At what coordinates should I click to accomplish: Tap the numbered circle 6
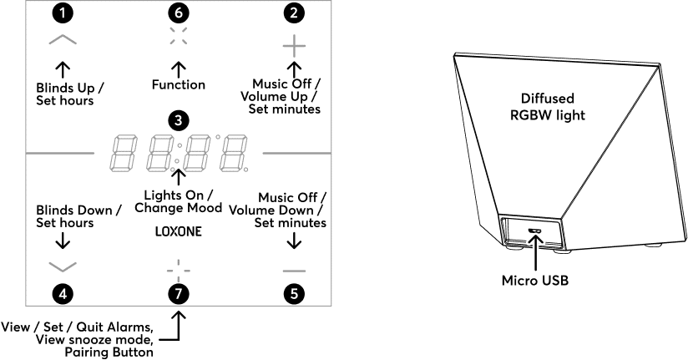pos(178,13)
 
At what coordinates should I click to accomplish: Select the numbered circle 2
pos(294,13)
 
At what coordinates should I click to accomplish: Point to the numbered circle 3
pos(178,119)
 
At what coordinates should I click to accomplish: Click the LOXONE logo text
pos(178,230)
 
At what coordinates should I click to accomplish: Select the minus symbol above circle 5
pos(294,270)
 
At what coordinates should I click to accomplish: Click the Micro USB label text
pos(535,281)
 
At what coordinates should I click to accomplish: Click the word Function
pos(178,84)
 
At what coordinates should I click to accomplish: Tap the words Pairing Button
pos(109,352)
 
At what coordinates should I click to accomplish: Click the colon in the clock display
pos(178,153)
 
